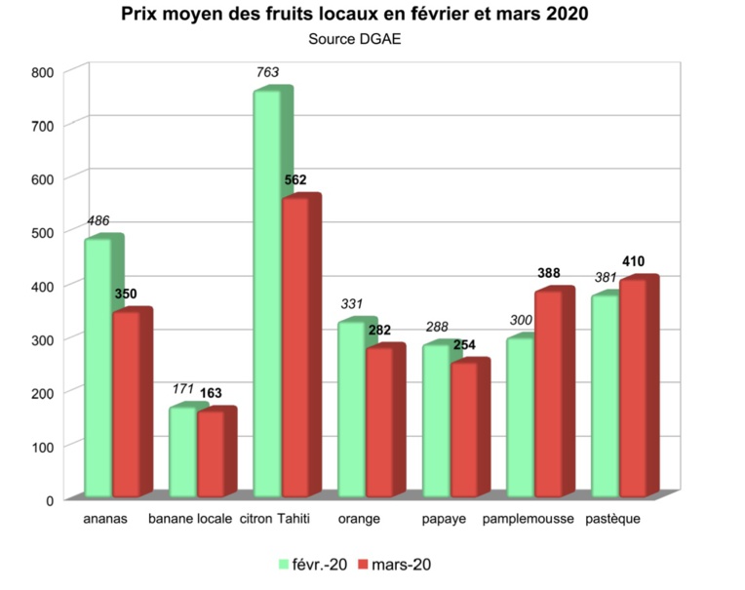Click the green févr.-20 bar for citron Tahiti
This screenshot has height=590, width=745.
[267, 293]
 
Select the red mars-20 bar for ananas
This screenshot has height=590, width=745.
[127, 404]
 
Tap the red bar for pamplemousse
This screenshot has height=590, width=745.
[548, 394]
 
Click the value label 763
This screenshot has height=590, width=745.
[267, 71]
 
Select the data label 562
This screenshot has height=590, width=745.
[294, 179]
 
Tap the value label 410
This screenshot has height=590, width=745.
[633, 261]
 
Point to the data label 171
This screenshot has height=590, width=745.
[183, 390]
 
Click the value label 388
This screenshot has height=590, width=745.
[549, 273]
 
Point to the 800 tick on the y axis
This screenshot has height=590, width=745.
[42, 72]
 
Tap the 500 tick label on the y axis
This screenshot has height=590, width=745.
[42, 232]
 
